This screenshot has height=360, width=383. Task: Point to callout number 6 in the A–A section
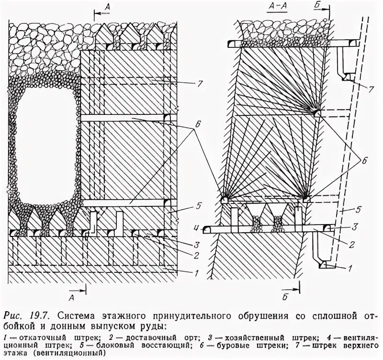[x=363, y=161]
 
